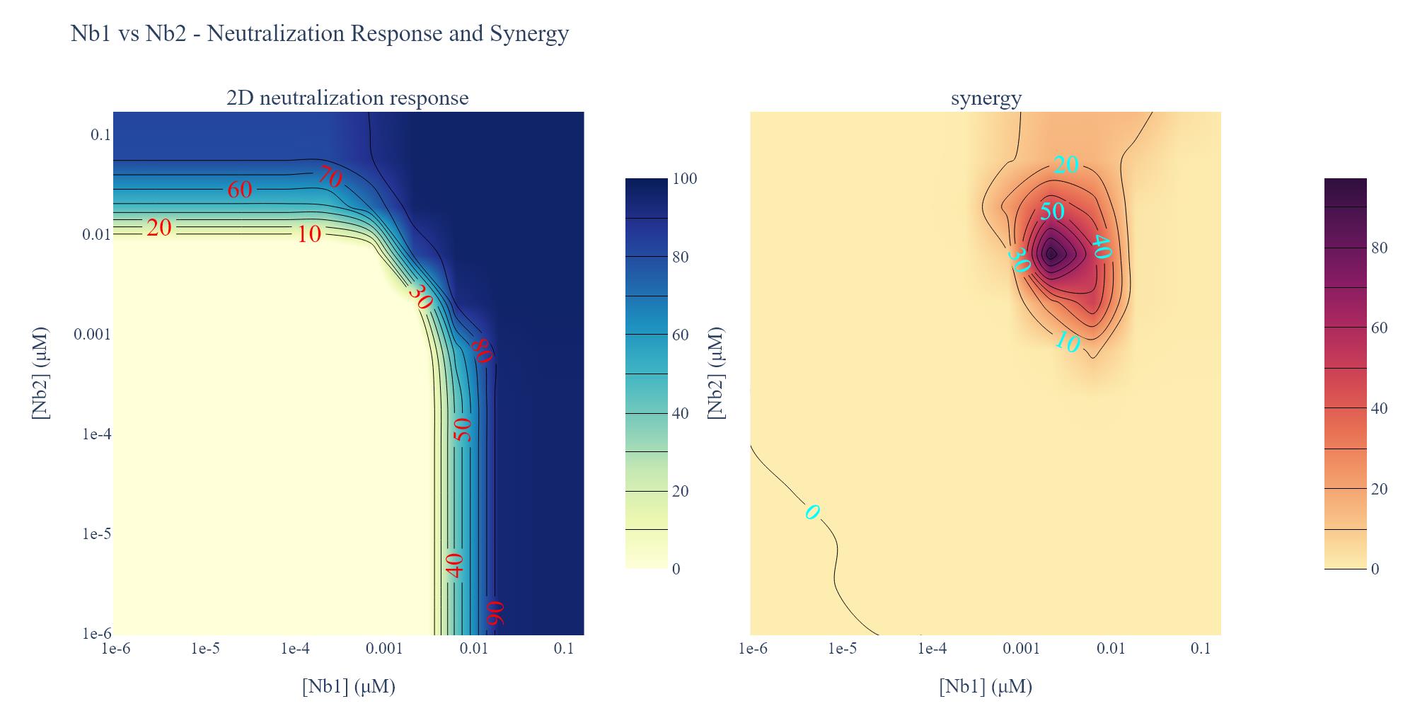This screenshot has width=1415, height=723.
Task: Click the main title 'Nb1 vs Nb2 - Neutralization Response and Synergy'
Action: point(320,33)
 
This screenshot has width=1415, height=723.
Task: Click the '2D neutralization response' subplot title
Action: point(347,98)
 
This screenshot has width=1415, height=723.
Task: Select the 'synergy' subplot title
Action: point(986,98)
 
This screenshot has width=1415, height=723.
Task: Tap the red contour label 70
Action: point(330,176)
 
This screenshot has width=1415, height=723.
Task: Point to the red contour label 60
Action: point(240,189)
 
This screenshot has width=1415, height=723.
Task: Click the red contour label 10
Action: point(309,233)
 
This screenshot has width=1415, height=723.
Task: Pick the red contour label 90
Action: point(495,613)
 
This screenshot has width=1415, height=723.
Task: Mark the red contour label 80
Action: point(482,349)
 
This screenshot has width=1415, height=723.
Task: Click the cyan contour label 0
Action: point(812,511)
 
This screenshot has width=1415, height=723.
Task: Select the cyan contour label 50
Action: point(1052,211)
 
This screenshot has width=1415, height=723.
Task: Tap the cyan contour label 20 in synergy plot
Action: point(1065,165)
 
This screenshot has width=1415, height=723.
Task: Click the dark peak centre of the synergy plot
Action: point(1051,253)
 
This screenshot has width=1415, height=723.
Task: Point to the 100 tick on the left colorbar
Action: point(684,179)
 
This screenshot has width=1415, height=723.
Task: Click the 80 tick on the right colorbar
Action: point(1379,248)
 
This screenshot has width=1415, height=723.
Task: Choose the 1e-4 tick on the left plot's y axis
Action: point(97,434)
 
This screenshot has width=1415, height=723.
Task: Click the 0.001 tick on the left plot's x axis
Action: point(384,648)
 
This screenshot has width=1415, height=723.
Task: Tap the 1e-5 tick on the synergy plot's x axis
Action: point(842,648)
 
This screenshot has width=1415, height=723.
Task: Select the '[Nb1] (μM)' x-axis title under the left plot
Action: point(348,686)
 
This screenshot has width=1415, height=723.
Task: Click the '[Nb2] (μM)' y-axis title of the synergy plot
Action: point(716,373)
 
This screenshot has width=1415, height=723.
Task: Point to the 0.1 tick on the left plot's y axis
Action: point(100,134)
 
